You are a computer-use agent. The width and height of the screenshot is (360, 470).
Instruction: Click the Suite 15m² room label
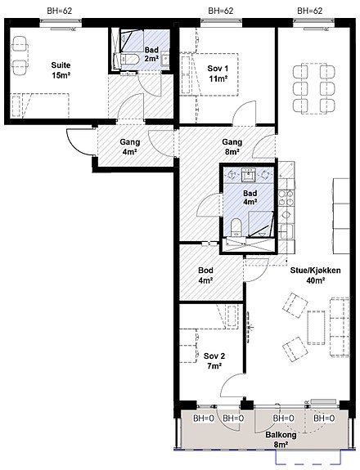[61, 70]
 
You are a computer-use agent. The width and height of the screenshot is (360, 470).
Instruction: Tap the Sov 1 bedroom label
[218, 74]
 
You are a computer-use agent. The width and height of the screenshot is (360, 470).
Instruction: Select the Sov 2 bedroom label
[214, 361]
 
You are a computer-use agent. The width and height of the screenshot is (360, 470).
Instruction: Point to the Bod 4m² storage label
[206, 275]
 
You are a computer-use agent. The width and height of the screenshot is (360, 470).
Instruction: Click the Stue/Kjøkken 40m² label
[315, 275]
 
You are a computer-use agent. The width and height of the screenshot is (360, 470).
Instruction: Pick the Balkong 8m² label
[281, 440]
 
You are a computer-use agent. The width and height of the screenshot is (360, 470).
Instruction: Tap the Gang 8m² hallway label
[232, 146]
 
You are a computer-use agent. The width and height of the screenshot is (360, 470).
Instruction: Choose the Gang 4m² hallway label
[130, 146]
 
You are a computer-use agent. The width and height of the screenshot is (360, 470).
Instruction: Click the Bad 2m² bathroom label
[151, 54]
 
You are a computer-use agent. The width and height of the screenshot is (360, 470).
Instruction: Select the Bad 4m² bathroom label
[250, 197]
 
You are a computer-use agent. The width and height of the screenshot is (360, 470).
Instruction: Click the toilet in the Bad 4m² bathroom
[236, 227]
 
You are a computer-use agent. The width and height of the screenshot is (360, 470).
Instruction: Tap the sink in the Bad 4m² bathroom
[249, 175]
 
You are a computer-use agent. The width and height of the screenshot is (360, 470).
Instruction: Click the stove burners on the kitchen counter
[286, 198]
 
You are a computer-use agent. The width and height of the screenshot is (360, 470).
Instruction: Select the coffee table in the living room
[316, 328]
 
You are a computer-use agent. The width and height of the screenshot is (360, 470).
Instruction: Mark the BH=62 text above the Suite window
[60, 11]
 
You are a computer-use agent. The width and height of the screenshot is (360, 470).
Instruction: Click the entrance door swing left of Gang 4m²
[80, 141]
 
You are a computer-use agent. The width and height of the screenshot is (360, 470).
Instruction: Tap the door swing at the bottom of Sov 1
[245, 113]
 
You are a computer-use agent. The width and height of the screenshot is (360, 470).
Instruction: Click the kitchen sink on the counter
[286, 231]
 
